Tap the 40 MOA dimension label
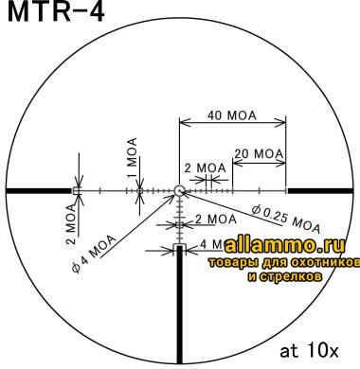pos(233,114)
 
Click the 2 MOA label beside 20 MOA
pos(206,167)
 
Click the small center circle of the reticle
pos(179,191)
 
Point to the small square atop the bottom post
pos(179,249)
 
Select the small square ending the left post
pos(78,191)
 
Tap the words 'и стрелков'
pos(284,276)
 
